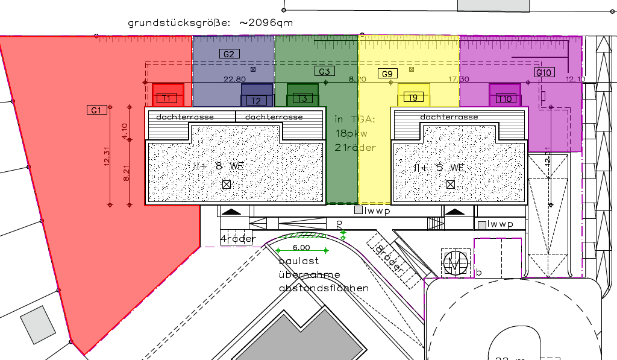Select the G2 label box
(229, 54)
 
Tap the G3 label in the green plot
(324, 71)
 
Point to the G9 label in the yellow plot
(387, 74)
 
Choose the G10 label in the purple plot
(544, 72)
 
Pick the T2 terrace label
(256, 101)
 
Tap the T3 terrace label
(302, 98)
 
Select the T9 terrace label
(413, 98)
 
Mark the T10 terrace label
(505, 99)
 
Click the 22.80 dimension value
(234, 79)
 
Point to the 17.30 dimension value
(459, 79)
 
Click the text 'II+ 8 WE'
(219, 166)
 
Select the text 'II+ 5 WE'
(439, 168)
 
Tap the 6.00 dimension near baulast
(301, 247)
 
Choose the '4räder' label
(238, 239)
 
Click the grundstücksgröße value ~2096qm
(266, 23)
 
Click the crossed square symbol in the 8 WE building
(227, 185)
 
